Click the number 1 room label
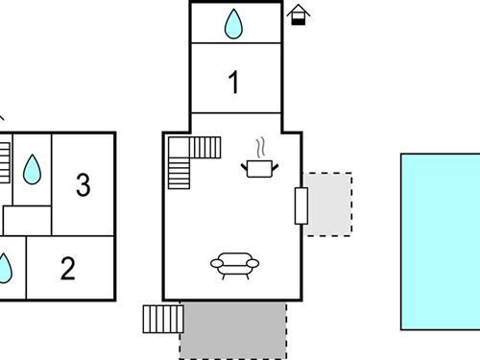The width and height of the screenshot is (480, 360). click(x=233, y=84)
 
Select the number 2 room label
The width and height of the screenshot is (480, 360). click(x=67, y=268)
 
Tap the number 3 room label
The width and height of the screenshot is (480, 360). click(x=83, y=183)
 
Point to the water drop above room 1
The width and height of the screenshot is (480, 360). click(x=234, y=24)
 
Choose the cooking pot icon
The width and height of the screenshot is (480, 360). click(x=259, y=169)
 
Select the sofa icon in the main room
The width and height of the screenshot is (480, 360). click(x=233, y=264)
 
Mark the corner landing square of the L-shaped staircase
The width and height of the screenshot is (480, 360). click(x=180, y=147)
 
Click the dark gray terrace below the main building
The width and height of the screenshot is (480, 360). click(x=233, y=330)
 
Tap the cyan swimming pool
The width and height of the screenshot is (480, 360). click(x=440, y=240)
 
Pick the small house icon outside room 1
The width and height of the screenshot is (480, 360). click(x=299, y=15)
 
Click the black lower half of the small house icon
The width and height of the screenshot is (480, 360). click(x=299, y=20)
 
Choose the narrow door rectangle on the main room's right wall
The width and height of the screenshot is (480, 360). click(x=301, y=205)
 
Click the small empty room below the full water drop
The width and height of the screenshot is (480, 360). click(x=26, y=220)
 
